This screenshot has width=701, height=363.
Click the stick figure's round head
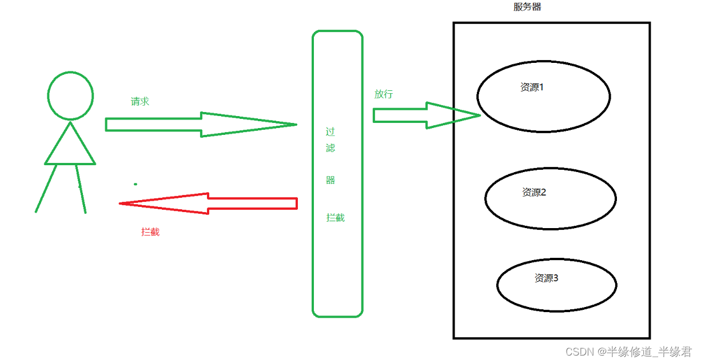[x=70, y=96]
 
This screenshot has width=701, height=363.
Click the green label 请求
[x=140, y=102]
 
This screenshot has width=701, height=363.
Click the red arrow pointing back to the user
[x=208, y=203]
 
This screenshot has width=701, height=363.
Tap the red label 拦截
[x=150, y=232]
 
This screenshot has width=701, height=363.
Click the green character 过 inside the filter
[x=330, y=131]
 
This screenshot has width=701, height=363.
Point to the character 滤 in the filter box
[x=330, y=148]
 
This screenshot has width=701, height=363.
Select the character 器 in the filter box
[x=330, y=180]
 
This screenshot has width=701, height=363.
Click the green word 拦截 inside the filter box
[x=336, y=218]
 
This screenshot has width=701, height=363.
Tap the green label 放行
[x=384, y=94]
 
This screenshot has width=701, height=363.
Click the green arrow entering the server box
[x=426, y=115]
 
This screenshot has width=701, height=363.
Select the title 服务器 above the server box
[x=527, y=7]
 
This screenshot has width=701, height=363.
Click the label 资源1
[x=532, y=87]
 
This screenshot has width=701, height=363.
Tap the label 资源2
[x=534, y=193]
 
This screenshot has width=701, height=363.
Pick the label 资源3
[x=546, y=278]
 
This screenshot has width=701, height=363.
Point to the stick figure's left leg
[x=46, y=189]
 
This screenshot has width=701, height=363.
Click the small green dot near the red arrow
[x=136, y=184]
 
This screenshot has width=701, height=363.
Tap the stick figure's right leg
[x=81, y=189]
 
